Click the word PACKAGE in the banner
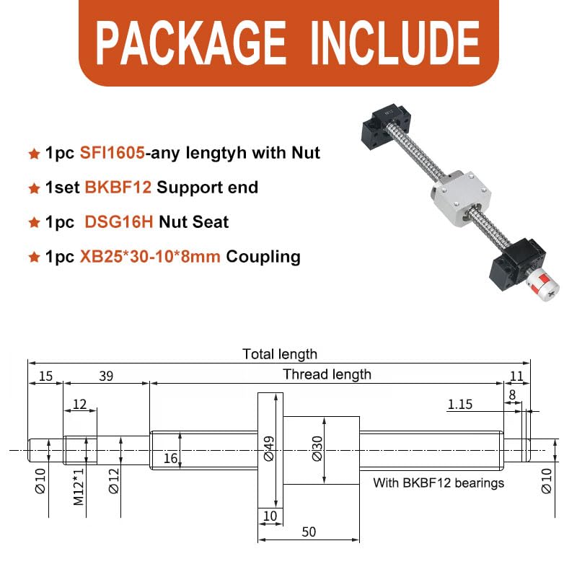point(190,43)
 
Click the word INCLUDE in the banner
point(395,43)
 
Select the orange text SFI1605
point(113,153)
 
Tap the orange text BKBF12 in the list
point(118,188)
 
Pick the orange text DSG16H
point(119,222)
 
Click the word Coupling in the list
point(263,257)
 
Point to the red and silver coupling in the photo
point(542,285)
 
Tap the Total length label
point(280,354)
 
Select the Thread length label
point(327,374)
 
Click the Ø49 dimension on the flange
point(269,448)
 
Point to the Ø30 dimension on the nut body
point(317,448)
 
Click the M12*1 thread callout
point(79,487)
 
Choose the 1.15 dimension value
point(460,405)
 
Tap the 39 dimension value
point(106,376)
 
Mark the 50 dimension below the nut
point(309,532)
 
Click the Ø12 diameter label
point(114,480)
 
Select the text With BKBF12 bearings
point(439,483)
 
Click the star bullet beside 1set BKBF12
point(34,188)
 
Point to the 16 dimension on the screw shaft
point(171,458)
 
